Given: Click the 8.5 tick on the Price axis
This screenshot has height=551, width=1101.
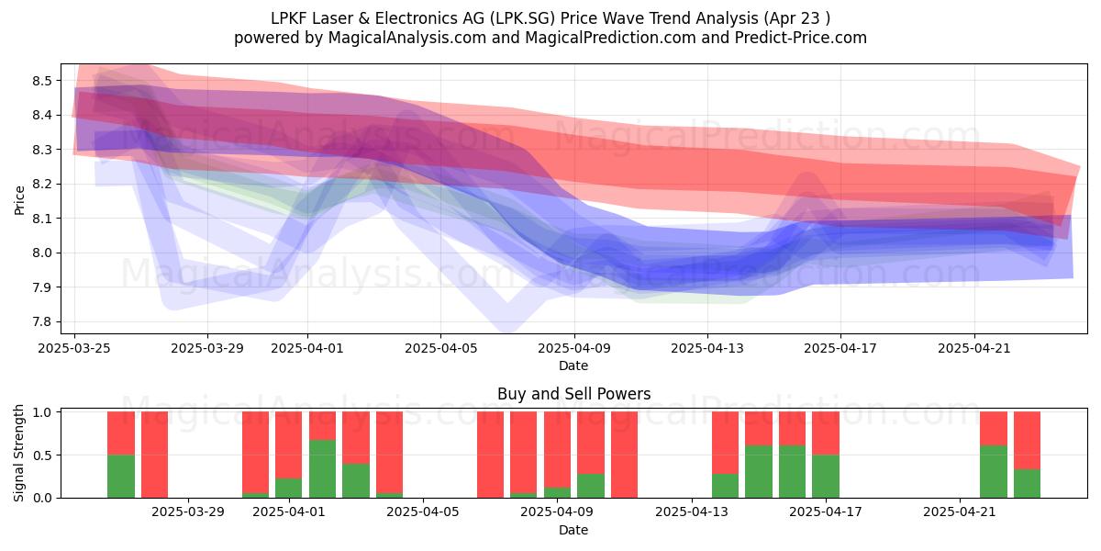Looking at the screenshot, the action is click(x=42, y=81).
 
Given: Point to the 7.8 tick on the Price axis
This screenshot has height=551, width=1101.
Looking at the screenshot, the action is click(x=42, y=321).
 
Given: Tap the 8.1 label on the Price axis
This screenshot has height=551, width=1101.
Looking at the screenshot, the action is click(x=42, y=219).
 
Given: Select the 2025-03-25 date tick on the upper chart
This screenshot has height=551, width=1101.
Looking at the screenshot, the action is click(x=74, y=348).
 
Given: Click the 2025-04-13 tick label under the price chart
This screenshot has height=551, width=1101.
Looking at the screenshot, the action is click(x=707, y=348).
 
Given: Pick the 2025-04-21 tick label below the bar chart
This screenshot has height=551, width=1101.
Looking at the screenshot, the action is click(x=960, y=512).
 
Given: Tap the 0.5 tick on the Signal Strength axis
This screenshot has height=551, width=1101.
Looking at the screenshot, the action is click(x=42, y=455).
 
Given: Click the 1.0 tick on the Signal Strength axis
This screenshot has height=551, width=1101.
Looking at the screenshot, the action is click(x=42, y=412).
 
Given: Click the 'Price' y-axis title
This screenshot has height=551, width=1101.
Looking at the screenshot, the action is click(x=19, y=200).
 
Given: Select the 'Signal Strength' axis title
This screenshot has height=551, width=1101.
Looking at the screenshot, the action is click(x=18, y=453).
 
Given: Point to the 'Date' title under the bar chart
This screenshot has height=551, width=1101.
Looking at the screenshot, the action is click(x=573, y=530).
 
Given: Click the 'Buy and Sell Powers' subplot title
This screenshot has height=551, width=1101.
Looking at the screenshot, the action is click(x=574, y=394).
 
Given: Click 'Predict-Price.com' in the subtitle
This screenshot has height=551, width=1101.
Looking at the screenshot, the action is click(x=801, y=38).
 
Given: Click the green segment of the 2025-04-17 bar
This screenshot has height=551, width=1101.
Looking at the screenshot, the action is click(x=825, y=477).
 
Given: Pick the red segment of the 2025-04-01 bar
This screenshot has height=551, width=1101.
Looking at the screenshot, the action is click(x=288, y=445).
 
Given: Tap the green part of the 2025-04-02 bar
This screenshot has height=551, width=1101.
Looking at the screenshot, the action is click(x=322, y=469).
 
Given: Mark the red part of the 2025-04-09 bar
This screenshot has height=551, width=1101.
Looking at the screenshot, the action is click(x=558, y=450).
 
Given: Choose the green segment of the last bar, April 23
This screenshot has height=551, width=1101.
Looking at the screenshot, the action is click(x=1028, y=484).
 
